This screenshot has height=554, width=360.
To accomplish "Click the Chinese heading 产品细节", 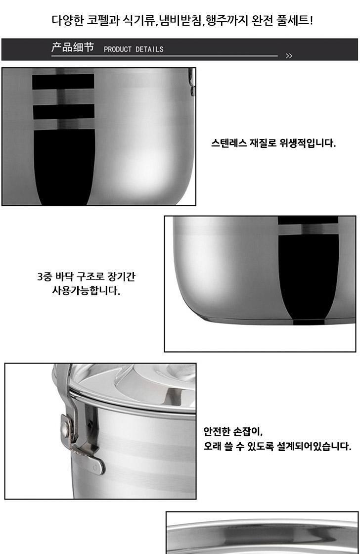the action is [72, 47].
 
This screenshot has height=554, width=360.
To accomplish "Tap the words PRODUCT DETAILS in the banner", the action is [134, 49].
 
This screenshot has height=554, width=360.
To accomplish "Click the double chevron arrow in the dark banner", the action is [289, 56].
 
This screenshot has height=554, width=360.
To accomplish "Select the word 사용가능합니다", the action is [86, 291].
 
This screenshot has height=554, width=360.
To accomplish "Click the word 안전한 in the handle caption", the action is [217, 431].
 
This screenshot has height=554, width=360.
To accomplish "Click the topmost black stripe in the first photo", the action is [63, 82].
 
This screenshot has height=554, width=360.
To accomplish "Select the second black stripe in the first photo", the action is [64, 112].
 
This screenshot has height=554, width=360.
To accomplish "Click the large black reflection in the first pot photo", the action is [64, 167].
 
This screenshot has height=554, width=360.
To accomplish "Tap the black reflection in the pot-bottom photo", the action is [309, 278].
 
